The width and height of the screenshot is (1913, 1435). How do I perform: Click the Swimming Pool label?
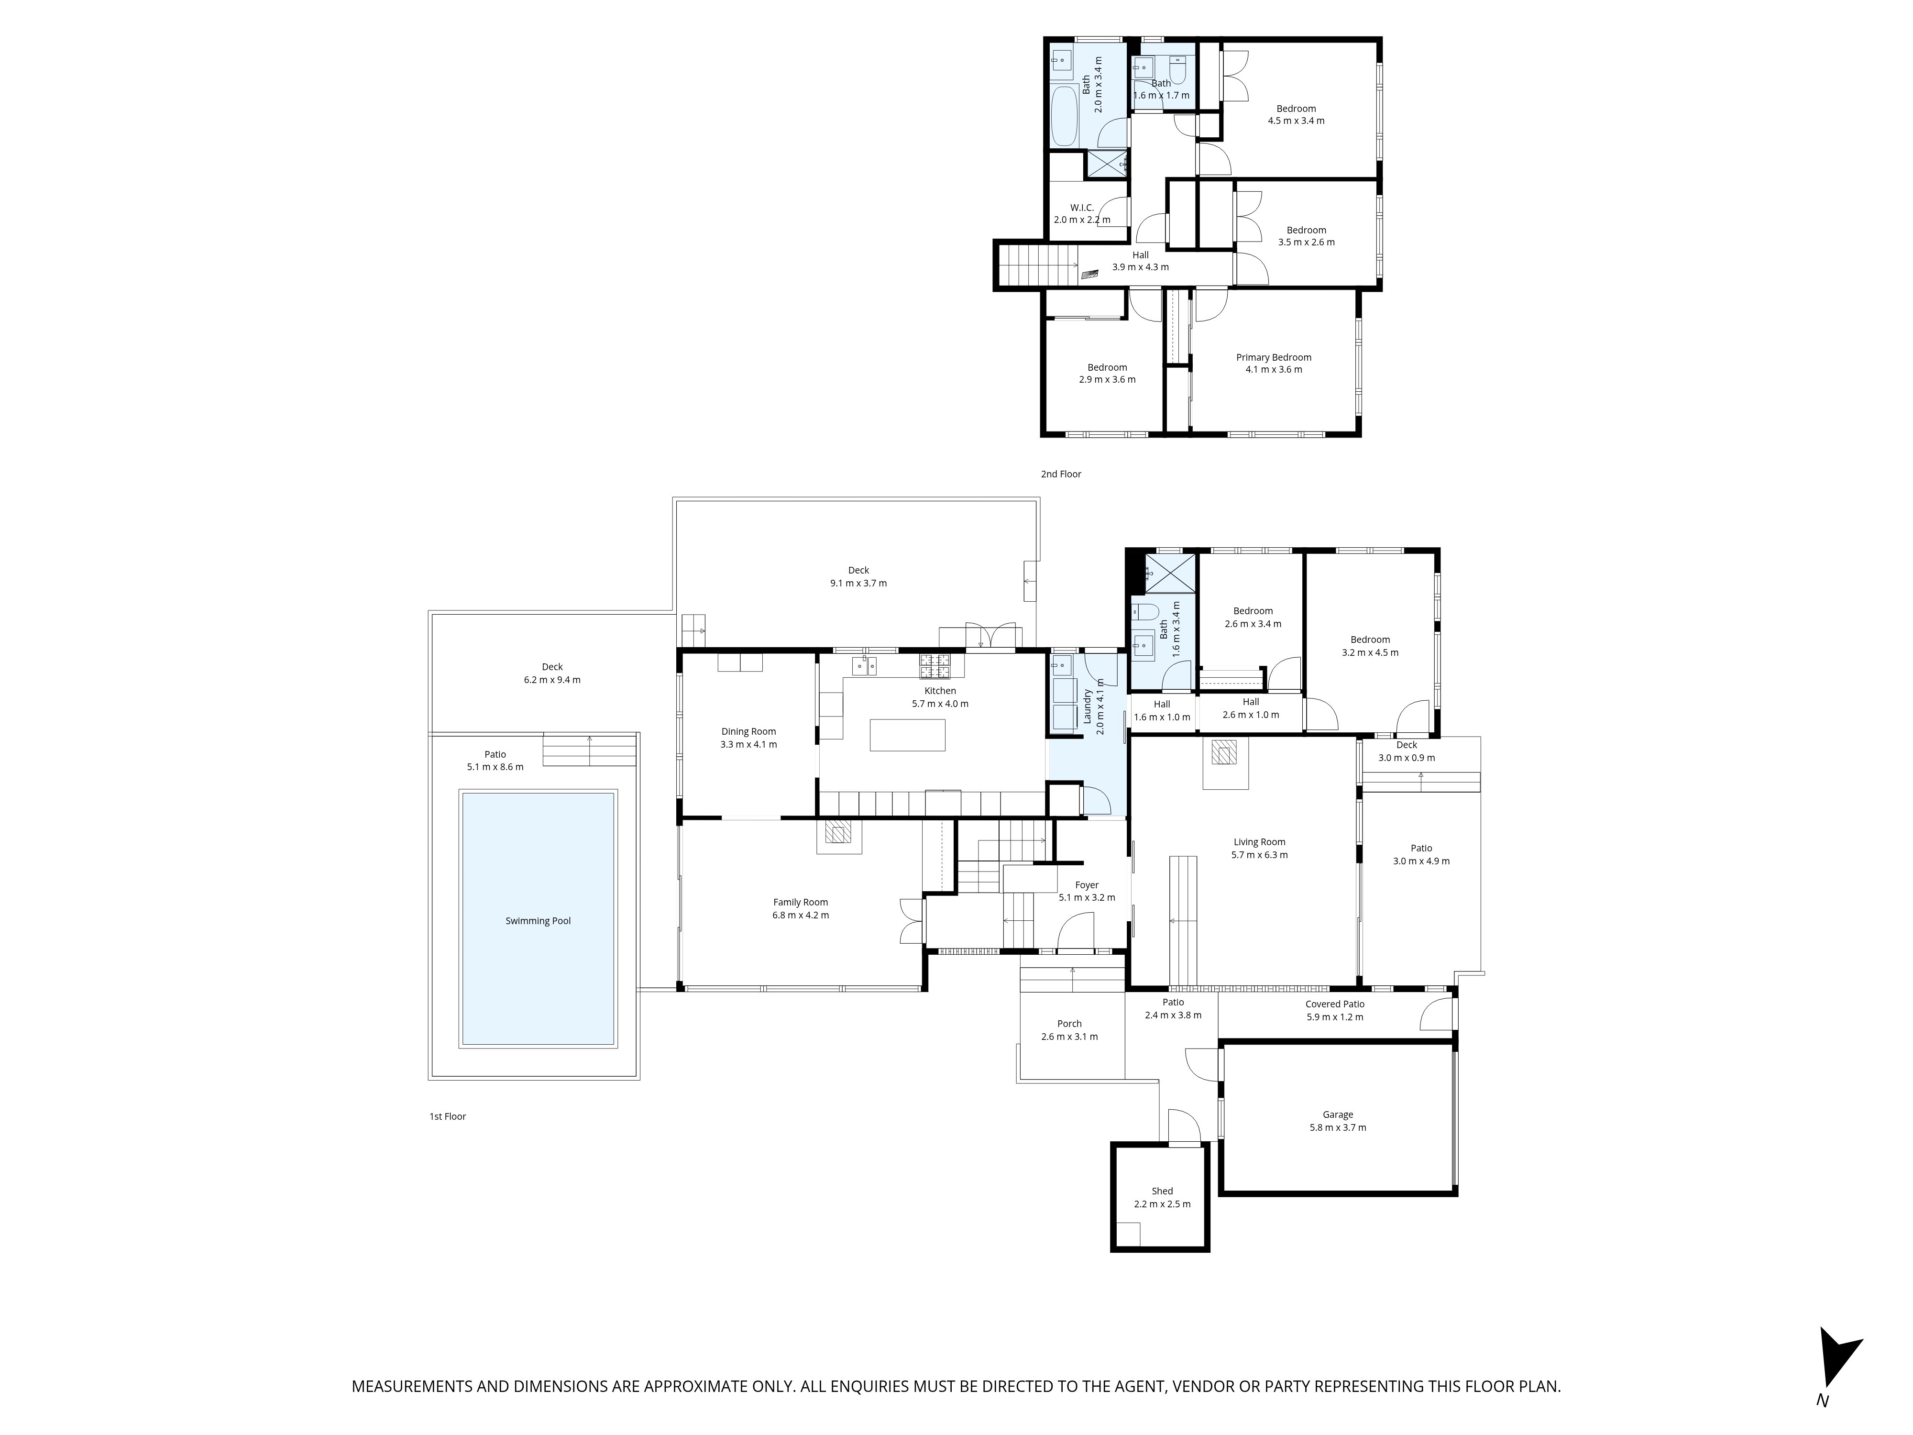[x=538, y=921]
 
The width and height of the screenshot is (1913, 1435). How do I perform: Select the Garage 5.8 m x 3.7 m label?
[x=1338, y=1121]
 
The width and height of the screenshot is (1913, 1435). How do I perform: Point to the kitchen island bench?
[x=907, y=735]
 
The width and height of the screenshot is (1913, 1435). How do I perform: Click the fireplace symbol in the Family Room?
[x=838, y=832]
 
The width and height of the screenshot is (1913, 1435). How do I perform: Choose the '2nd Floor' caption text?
[x=1060, y=474]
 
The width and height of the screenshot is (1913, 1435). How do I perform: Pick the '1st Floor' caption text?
[x=447, y=1117]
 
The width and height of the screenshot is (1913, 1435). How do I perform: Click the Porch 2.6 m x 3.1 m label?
[x=1069, y=1030]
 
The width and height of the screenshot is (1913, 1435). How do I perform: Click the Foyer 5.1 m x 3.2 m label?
[x=1086, y=891]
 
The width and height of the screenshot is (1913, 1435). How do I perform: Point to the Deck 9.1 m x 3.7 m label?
[x=858, y=576]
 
